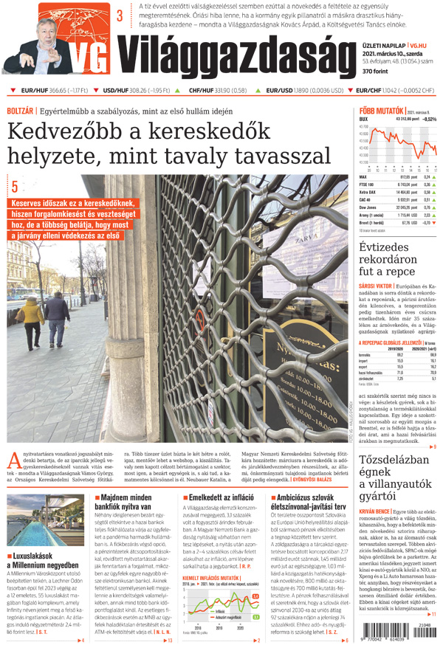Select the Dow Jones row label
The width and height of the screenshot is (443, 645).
coord(368,207)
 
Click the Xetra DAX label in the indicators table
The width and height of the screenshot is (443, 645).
coord(368,192)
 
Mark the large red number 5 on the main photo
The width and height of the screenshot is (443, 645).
coord(14,187)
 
